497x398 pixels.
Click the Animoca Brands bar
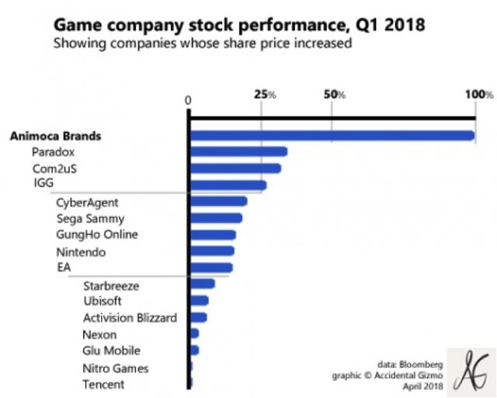(332, 136)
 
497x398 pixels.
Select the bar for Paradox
(238, 152)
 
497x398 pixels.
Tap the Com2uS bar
(235, 168)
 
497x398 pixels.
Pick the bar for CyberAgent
(218, 201)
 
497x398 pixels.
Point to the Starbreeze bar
(202, 284)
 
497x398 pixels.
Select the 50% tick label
(334, 94)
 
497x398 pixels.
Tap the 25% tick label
(266, 94)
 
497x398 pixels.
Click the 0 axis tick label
(188, 99)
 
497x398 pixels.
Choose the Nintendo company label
(81, 252)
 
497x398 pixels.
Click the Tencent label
(103, 384)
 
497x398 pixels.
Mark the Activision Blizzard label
(130, 317)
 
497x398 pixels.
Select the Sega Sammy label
(89, 219)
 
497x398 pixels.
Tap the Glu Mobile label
(111, 351)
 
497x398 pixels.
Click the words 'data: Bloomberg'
(409, 363)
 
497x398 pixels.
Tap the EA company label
(64, 268)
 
